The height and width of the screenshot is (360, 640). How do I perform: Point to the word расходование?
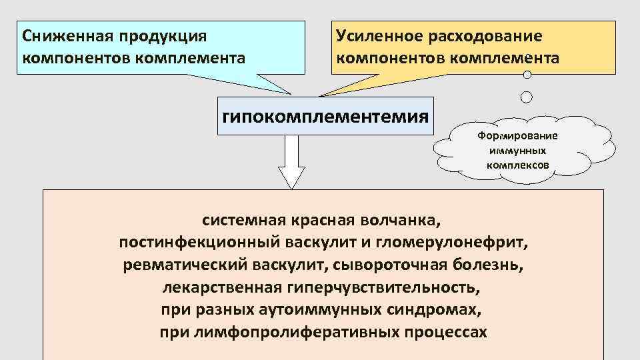pyautogui.click(x=489, y=35)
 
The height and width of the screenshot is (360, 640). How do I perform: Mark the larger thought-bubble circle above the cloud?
pyautogui.click(x=526, y=97)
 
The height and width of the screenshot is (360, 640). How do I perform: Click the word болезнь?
pyautogui.click(x=491, y=265)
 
